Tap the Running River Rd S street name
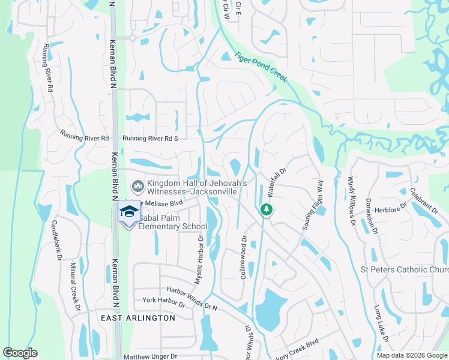click(x=151, y=139)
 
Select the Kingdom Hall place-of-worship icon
click(x=137, y=187)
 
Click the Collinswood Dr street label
click(x=244, y=257)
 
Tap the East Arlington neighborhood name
click(x=138, y=318)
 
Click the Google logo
click(x=20, y=353)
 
